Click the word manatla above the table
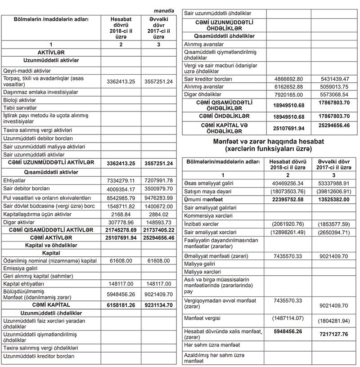click(164, 10)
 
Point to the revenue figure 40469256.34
click(288, 183)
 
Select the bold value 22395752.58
click(288, 200)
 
